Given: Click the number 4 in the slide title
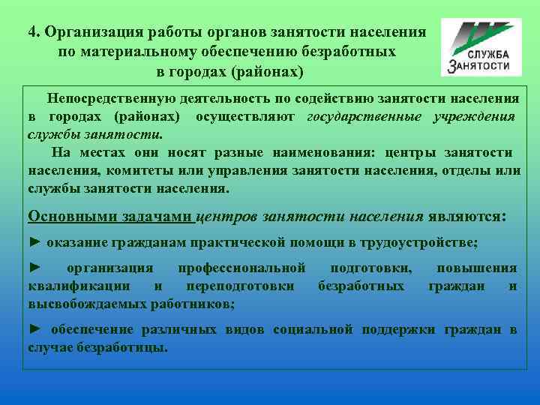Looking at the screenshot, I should (33, 32).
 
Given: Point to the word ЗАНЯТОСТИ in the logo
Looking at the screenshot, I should (484, 67).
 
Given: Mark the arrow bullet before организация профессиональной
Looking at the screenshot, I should (34, 268).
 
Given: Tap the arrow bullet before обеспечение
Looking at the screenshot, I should (34, 330).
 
